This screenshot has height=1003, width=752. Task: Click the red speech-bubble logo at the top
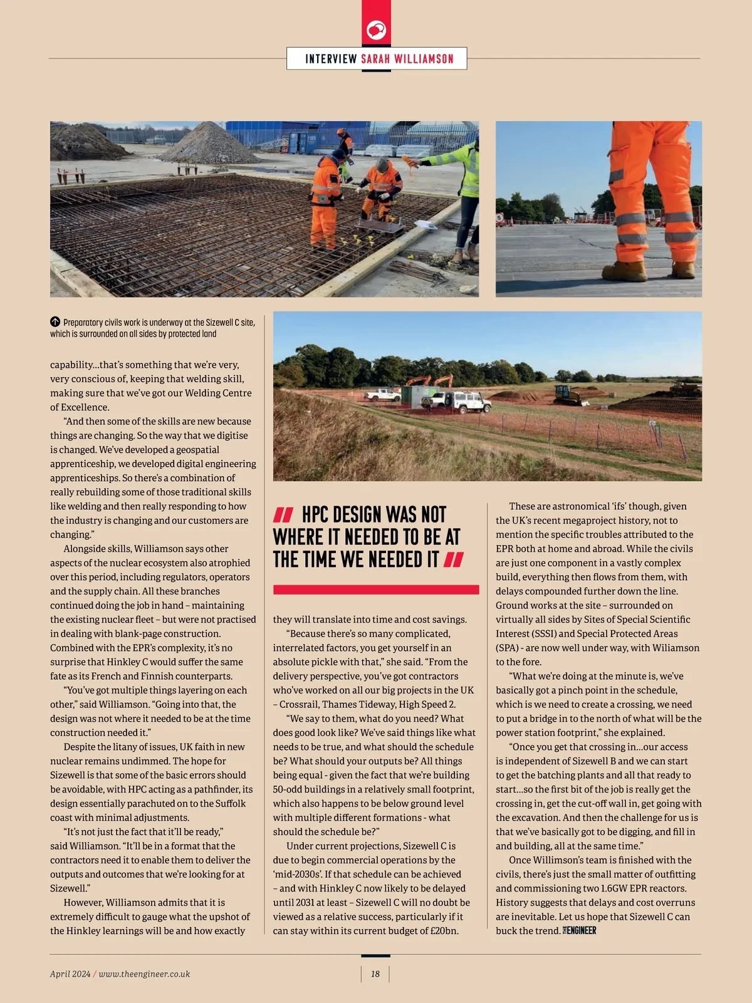[x=376, y=29]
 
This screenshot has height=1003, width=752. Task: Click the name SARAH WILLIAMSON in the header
[x=407, y=59]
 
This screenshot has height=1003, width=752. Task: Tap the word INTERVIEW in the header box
[x=331, y=59]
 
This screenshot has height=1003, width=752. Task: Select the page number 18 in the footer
[x=375, y=974]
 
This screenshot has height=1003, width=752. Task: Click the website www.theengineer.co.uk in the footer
[x=144, y=974]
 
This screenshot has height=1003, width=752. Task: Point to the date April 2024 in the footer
[x=70, y=974]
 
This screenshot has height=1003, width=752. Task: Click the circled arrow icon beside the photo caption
[x=55, y=322]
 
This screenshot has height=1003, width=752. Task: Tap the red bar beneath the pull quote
[x=376, y=590]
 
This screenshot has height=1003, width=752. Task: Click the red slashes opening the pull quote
[x=283, y=516]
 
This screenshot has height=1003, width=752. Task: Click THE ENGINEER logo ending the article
[x=580, y=931]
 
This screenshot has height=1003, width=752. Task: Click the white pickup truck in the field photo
[x=383, y=395]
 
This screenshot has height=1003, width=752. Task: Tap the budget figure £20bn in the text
[x=442, y=931]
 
